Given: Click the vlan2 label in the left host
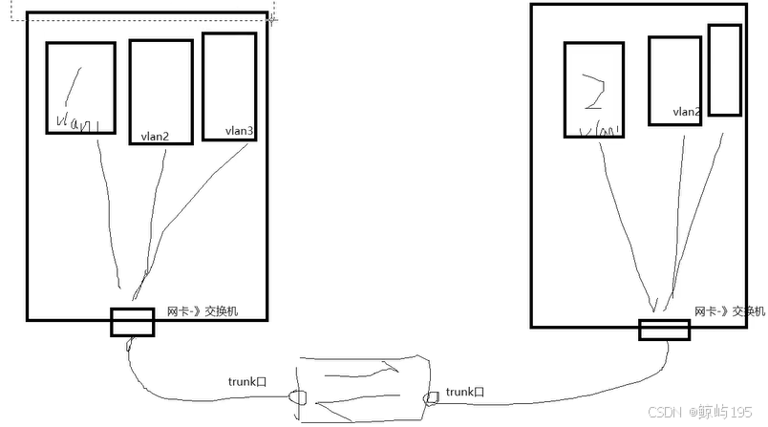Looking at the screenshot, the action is point(154,137).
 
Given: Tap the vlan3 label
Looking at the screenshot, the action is point(240,131).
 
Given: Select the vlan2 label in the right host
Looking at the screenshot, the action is point(687,112).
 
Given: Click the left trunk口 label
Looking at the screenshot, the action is point(247,381).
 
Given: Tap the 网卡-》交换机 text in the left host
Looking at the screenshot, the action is point(203,311).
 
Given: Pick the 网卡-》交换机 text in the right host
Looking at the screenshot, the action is point(730,311).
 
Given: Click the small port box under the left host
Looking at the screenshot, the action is point(132,322).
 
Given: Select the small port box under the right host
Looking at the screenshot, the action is point(664,330).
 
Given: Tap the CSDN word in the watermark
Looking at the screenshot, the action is point(662,412).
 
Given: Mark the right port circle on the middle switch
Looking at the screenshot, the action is point(431,396).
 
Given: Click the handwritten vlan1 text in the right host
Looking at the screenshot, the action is point(596,128).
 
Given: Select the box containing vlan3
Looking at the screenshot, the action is point(229,87).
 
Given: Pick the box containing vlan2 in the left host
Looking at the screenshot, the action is point(160,91).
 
